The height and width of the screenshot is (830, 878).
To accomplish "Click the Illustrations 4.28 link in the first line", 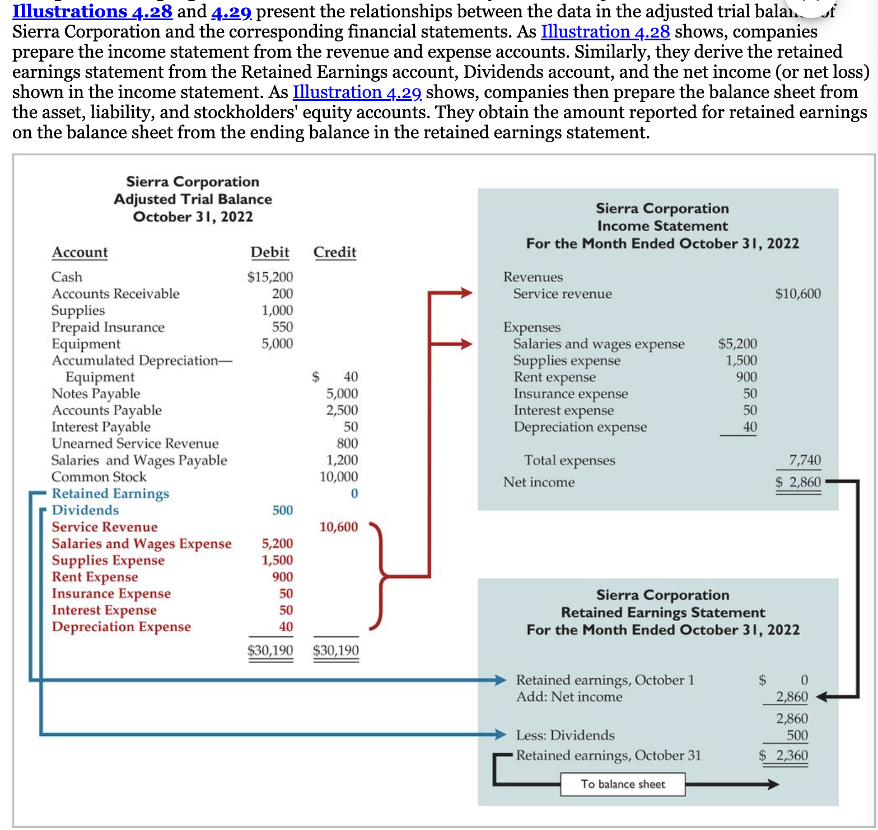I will coord(92,11).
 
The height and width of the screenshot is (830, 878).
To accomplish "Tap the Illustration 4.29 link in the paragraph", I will coord(357,92).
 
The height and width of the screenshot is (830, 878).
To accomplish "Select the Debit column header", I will coord(270,253).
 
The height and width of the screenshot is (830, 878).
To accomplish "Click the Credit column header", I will coord(335,253).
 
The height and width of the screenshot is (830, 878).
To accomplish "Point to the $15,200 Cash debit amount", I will coord(270,277).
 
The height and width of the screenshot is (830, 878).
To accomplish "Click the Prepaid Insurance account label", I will coord(108,327).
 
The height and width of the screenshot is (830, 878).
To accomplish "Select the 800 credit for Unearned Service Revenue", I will coord(347,444).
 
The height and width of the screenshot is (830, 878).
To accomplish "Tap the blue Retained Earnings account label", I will coord(110,493).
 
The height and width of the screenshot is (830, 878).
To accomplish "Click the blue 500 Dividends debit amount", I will coord(283,510).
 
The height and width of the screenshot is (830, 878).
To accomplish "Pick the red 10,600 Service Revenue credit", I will coord(338,527).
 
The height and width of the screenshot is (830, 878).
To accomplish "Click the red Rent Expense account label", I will coord(95,577).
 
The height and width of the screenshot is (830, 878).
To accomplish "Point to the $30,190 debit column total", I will coord(270,650).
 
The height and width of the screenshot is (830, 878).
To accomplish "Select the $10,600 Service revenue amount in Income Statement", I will coord(798,294).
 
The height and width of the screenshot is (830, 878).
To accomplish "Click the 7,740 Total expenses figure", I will coord(805,460).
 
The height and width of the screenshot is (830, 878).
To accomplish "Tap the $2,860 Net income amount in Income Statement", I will coord(798,482).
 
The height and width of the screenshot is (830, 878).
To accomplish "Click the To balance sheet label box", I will coord(623,784).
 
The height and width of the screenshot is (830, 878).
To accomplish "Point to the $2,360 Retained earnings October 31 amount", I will coord(783,756).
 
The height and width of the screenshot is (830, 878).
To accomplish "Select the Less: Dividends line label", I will coord(565,735).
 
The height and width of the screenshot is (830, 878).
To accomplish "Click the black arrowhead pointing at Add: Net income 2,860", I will coord(821,697).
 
